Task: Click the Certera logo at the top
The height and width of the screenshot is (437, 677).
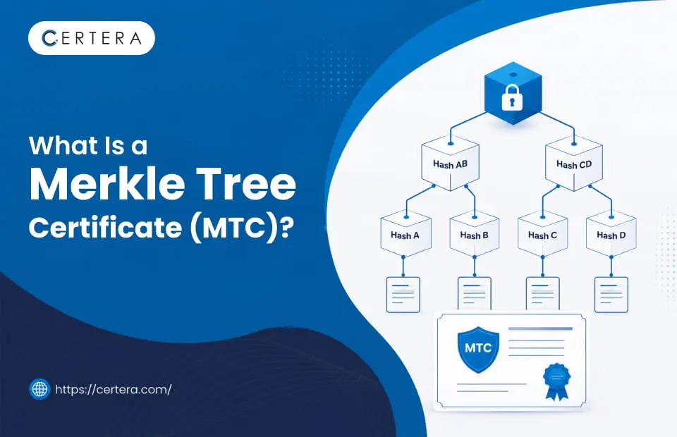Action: [92, 38]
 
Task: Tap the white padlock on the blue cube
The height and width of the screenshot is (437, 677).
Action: [512, 97]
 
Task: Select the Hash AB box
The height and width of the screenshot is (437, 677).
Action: [451, 163]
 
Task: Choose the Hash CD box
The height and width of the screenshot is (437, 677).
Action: [574, 163]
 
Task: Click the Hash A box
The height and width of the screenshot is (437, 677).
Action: [405, 234]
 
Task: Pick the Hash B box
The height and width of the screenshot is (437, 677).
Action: [474, 234]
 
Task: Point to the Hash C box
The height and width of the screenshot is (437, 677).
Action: [543, 234]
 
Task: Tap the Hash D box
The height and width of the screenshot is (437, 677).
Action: [611, 234]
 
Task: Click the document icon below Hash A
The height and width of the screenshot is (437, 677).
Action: [403, 295]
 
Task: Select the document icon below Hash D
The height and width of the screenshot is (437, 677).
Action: [611, 295]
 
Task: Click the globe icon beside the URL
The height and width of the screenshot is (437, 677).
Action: [39, 388]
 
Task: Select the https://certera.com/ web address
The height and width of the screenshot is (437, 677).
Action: [113, 390]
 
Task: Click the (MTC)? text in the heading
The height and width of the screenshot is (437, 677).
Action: [239, 228]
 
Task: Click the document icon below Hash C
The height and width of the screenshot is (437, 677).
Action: [543, 294]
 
